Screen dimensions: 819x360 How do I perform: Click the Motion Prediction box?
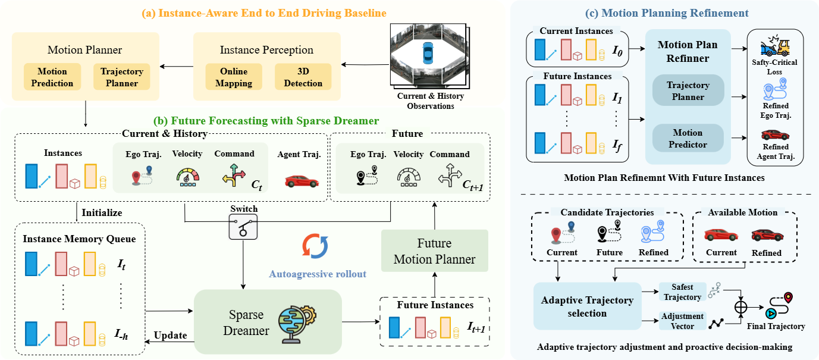click(x=52, y=77)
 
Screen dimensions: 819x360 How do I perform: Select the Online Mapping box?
click(x=234, y=77)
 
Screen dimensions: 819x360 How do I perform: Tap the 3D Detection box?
click(x=303, y=77)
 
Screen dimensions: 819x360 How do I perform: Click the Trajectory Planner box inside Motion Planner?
click(x=122, y=77)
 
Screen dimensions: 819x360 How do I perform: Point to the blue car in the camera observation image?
click(x=428, y=53)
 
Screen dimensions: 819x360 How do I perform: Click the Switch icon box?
click(x=243, y=227)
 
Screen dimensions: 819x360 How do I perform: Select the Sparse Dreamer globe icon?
click(x=297, y=324)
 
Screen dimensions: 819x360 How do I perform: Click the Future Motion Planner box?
click(x=434, y=251)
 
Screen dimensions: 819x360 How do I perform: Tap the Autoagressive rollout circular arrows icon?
click(x=315, y=246)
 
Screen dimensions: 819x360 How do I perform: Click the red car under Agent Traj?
click(x=302, y=181)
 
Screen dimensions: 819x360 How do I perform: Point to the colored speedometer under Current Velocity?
click(x=187, y=177)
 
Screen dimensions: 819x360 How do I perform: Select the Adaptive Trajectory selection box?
click(x=587, y=306)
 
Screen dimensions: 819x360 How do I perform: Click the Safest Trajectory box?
click(x=682, y=292)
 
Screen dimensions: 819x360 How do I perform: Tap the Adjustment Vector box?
click(x=682, y=321)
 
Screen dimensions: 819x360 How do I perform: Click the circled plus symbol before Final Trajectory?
click(x=740, y=307)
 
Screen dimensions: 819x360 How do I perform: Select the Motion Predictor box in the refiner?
click(x=688, y=138)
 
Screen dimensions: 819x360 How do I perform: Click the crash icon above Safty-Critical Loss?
click(x=775, y=46)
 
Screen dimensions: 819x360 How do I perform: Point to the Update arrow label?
click(x=170, y=335)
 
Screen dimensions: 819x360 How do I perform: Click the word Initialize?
click(x=102, y=212)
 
